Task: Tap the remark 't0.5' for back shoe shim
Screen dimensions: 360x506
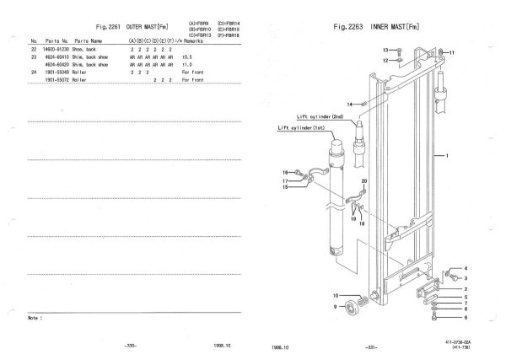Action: (187, 58)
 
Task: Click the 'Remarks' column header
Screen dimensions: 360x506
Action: (198, 40)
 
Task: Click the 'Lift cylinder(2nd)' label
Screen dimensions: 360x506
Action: (320, 117)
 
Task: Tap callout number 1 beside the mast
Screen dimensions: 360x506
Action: (447, 156)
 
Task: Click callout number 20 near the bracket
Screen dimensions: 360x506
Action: (364, 181)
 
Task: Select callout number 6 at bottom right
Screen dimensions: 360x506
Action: (465, 317)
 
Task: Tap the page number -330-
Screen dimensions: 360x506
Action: (128, 346)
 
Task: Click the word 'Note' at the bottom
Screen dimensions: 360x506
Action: (35, 319)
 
